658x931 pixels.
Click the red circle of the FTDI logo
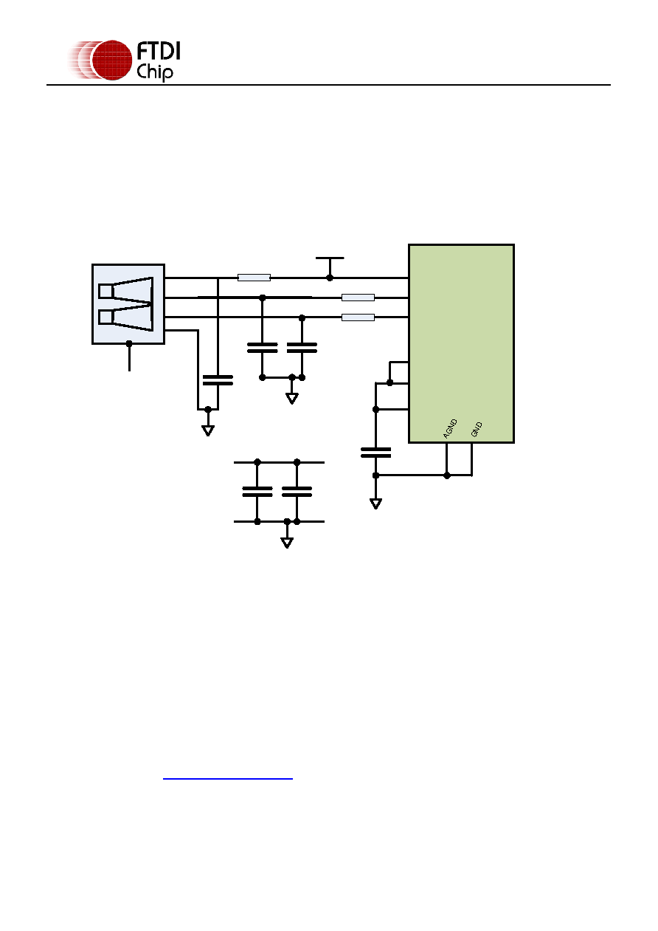pyautogui.click(x=111, y=60)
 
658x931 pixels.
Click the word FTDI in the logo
pyautogui.click(x=158, y=51)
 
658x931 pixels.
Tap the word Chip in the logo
pyautogui.click(x=154, y=72)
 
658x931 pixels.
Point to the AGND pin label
pyautogui.click(x=450, y=428)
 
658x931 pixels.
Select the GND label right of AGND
pyautogui.click(x=477, y=430)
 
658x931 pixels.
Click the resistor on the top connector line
pyautogui.click(x=254, y=278)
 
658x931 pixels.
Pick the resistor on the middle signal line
pyautogui.click(x=358, y=298)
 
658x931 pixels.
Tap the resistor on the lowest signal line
pyautogui.click(x=358, y=317)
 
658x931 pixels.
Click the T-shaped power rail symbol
pyautogui.click(x=330, y=266)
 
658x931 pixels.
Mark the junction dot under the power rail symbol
pyautogui.click(x=330, y=278)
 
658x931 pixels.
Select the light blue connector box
pyautogui.click(x=128, y=304)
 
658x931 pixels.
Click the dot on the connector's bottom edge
pyautogui.click(x=129, y=344)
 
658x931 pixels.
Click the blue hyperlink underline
pyautogui.click(x=228, y=779)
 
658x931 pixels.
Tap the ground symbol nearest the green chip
pyautogui.click(x=375, y=504)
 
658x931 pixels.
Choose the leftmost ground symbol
pyautogui.click(x=208, y=430)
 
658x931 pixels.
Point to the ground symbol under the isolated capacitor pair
pyautogui.click(x=287, y=543)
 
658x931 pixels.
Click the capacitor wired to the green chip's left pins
pyautogui.click(x=375, y=453)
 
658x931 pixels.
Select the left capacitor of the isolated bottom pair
pyautogui.click(x=257, y=492)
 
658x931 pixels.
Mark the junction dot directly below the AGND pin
pyautogui.click(x=447, y=475)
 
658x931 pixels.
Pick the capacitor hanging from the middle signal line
pyautogui.click(x=263, y=348)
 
